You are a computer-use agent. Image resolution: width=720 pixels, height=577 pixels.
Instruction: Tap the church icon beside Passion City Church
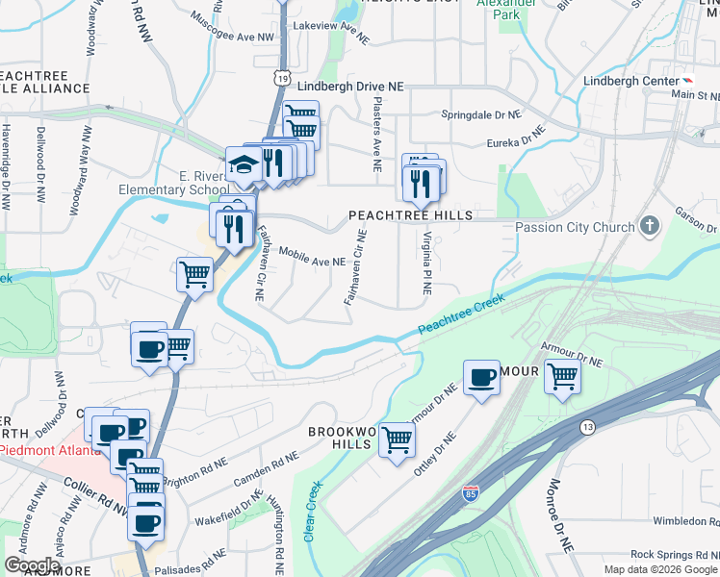(x=650, y=227)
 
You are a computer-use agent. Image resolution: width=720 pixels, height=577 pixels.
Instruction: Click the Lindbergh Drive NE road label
(x=349, y=86)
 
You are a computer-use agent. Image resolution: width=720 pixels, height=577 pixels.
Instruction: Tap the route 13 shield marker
(x=586, y=425)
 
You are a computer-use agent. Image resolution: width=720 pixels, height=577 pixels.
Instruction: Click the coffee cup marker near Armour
(x=481, y=377)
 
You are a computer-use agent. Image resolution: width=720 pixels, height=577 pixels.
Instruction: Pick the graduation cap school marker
(x=242, y=164)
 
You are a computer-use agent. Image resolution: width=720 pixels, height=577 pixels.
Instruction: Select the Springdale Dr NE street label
(x=480, y=114)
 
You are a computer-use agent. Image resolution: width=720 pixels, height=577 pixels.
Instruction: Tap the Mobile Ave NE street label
(x=312, y=257)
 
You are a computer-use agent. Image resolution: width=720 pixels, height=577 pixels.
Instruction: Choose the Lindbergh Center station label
(x=630, y=81)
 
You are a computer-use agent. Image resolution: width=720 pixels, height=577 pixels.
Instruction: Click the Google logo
(x=33, y=565)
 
